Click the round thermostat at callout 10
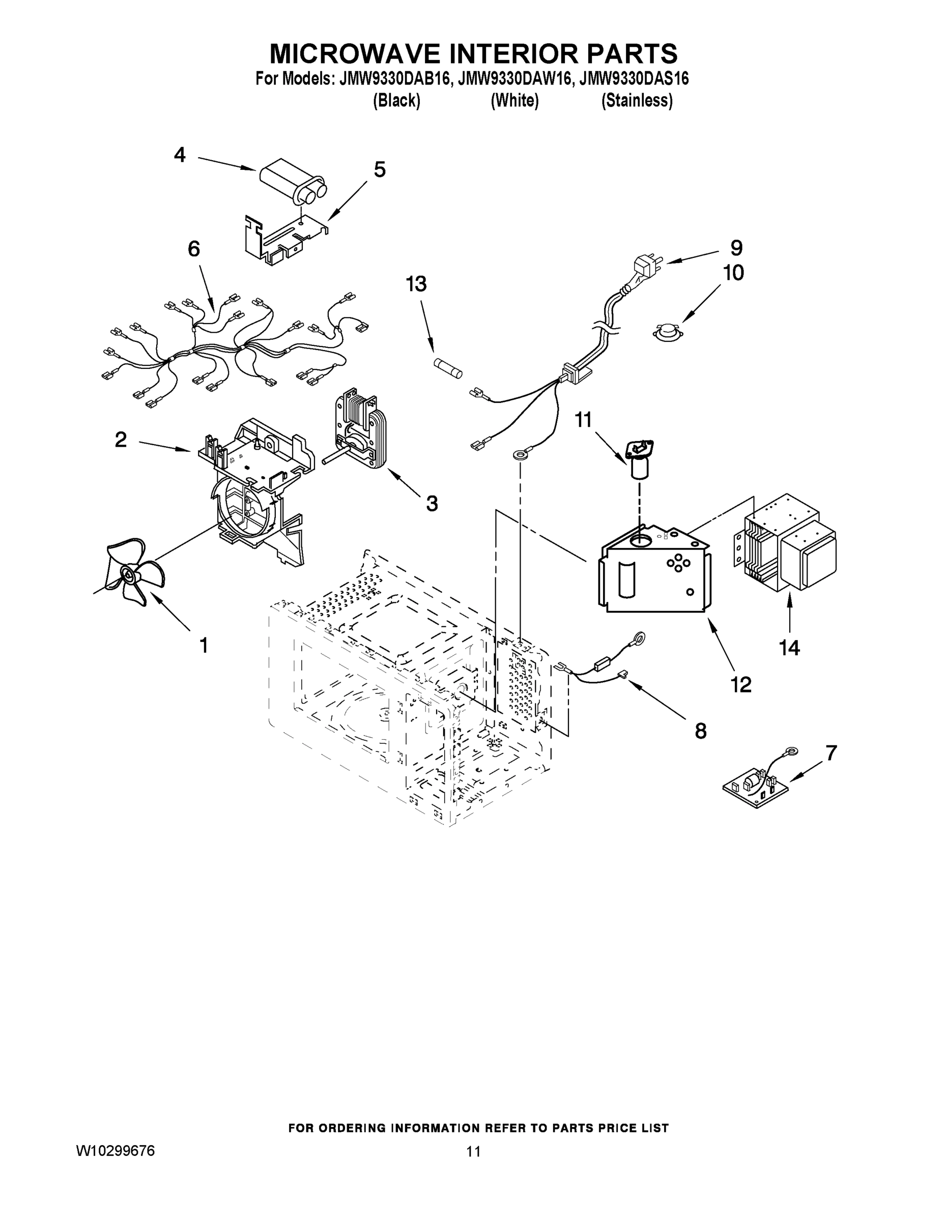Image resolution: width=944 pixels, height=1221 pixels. click(667, 332)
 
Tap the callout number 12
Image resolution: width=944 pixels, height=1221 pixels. click(741, 684)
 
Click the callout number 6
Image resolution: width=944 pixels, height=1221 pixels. click(193, 249)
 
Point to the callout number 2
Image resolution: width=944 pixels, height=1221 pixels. click(121, 440)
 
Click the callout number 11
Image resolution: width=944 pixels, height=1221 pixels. click(583, 419)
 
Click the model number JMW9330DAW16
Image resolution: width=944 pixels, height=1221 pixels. click(514, 80)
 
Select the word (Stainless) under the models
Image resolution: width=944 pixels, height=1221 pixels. click(637, 101)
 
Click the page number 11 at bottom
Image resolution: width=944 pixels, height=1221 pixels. click(473, 1152)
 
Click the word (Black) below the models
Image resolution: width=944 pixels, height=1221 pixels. click(396, 101)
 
